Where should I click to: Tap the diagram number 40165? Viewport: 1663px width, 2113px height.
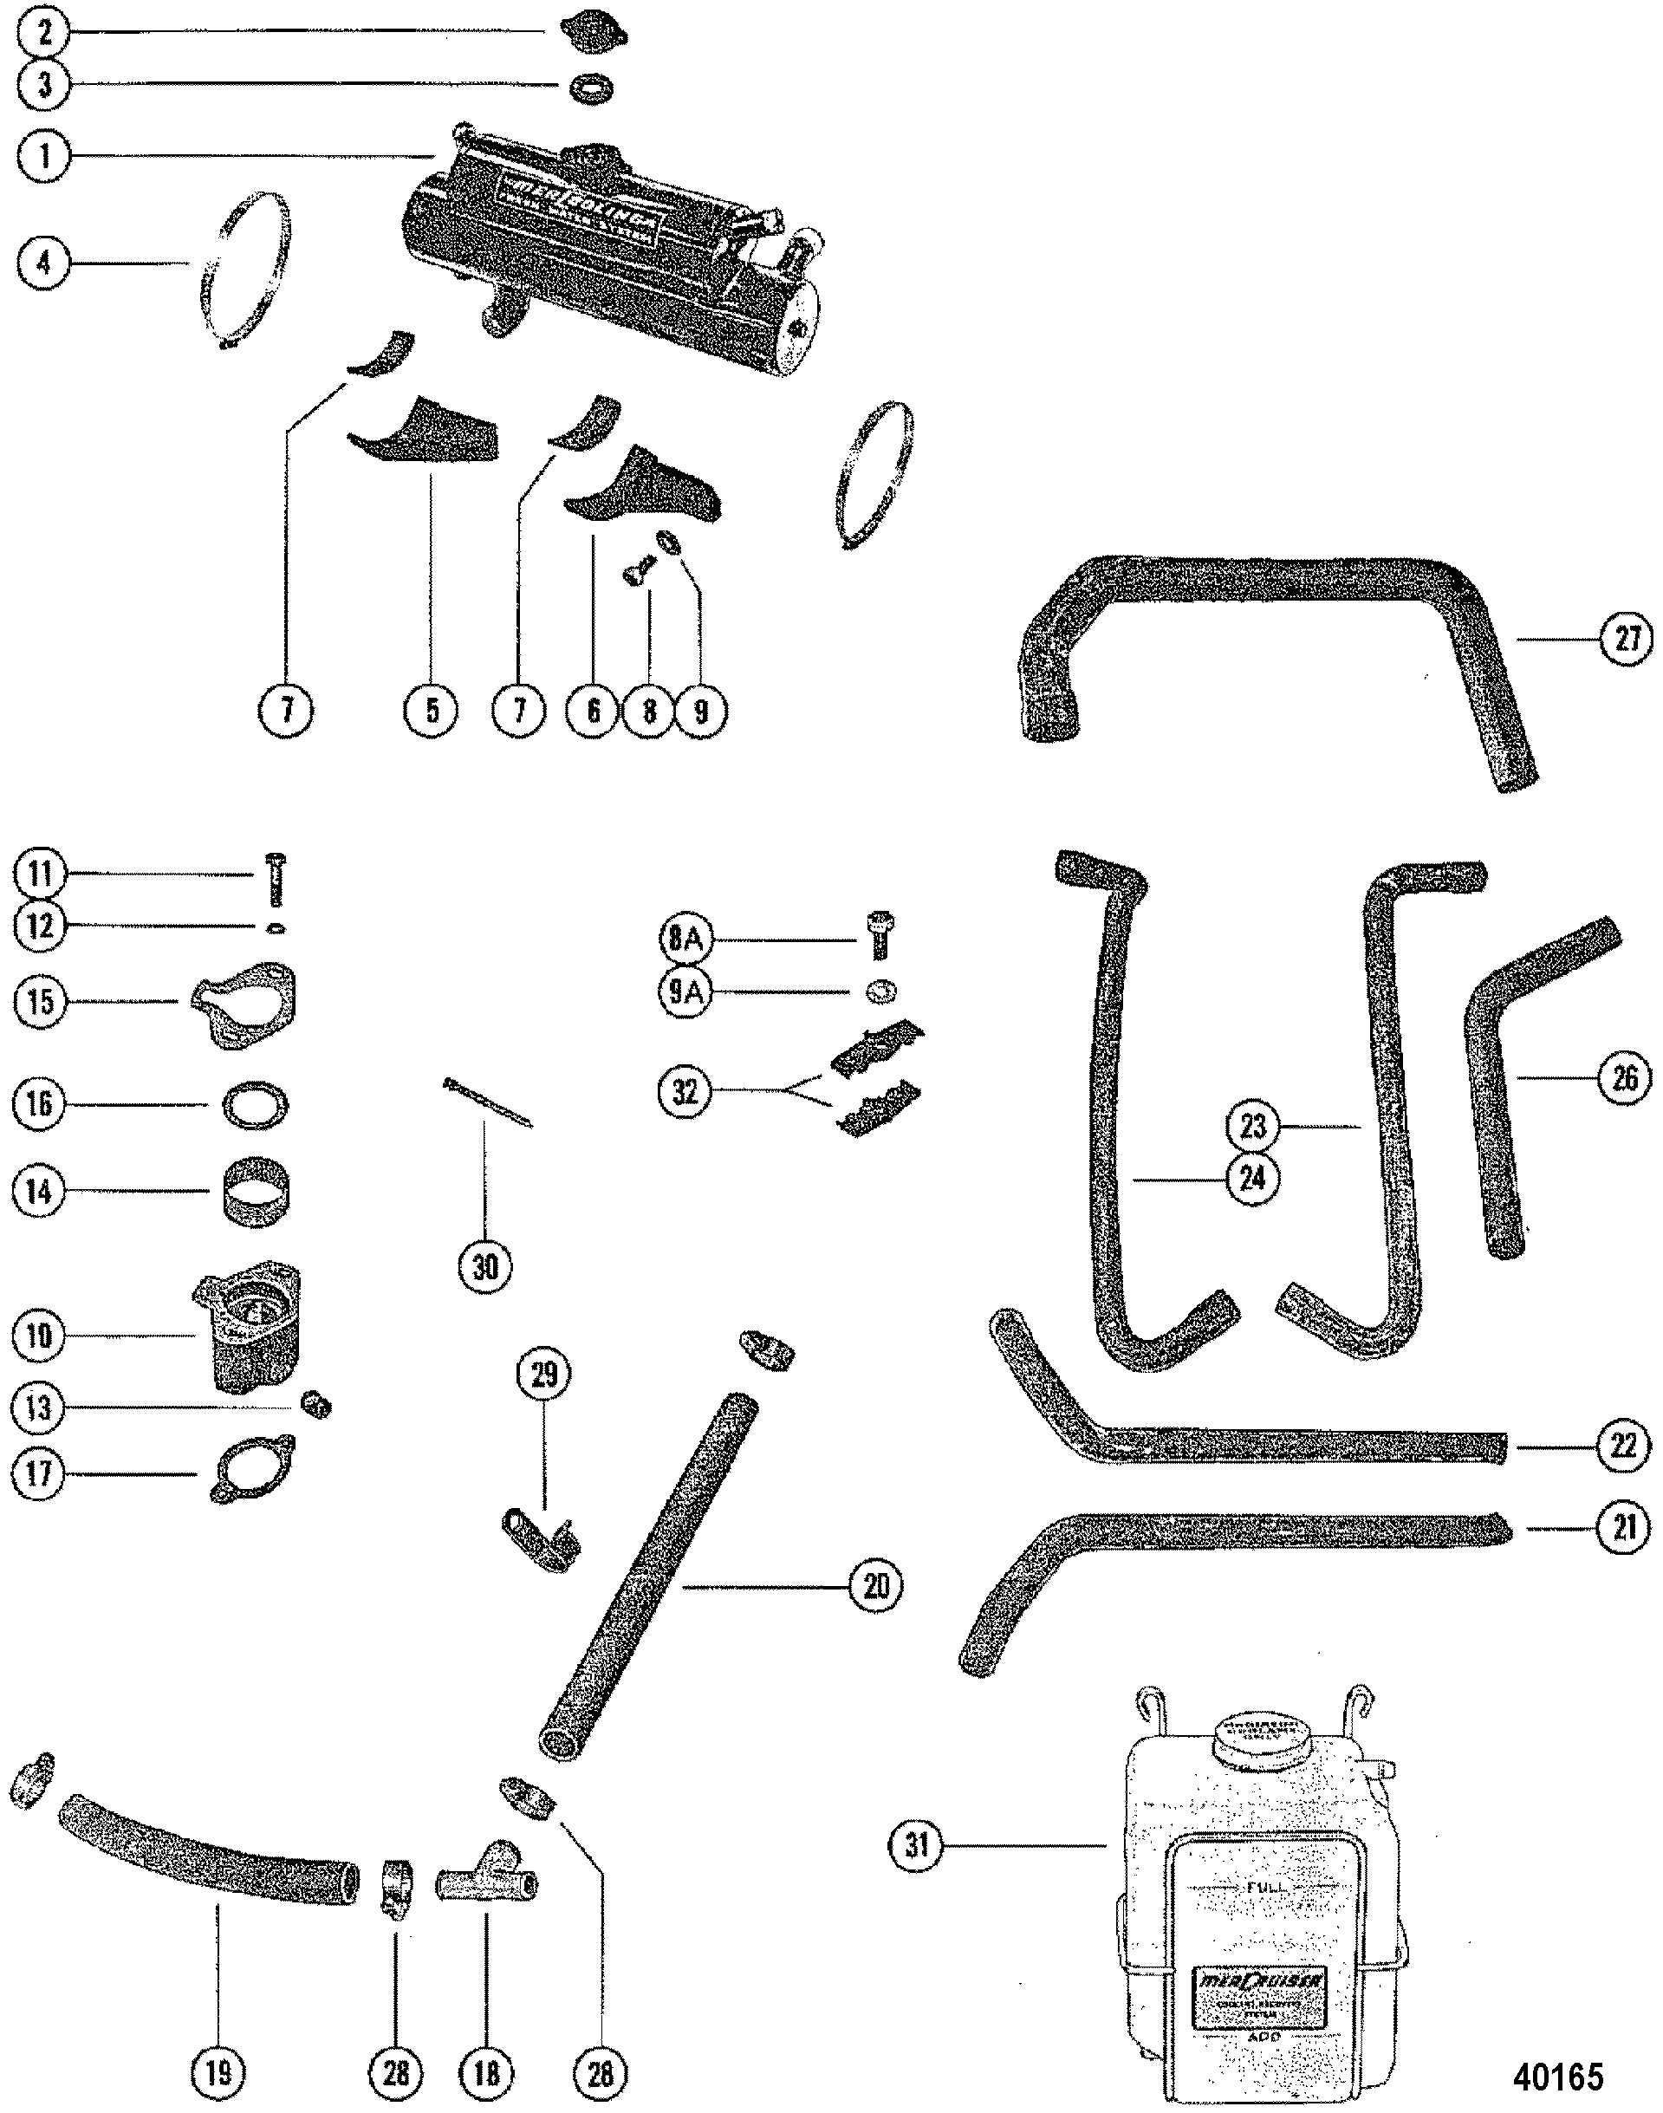[1557, 2075]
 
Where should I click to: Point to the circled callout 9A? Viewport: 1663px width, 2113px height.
[685, 991]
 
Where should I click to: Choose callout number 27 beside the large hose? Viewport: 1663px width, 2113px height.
[1626, 639]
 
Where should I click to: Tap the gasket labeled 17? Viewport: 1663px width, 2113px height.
[252, 1473]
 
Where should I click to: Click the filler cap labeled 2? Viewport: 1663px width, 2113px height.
[594, 34]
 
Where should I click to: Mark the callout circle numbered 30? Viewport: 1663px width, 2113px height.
[485, 1267]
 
